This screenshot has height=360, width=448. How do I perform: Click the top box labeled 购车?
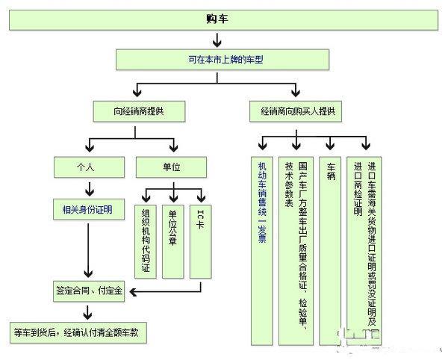225,19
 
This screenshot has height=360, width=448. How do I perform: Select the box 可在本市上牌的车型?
225,58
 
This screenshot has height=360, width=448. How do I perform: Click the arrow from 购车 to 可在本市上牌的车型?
225,39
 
